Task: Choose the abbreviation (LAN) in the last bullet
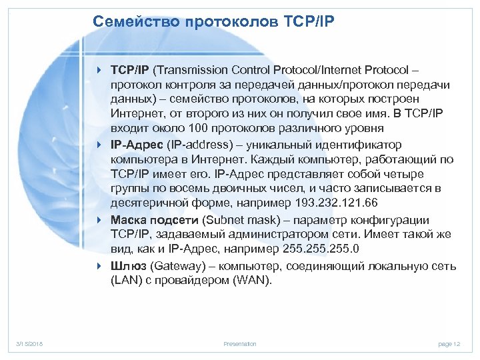click(x=125, y=280)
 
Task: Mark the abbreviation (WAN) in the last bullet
click(x=253, y=280)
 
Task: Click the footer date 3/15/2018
click(x=29, y=344)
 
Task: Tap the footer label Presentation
click(x=239, y=344)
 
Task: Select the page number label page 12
click(x=449, y=344)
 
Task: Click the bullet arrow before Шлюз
click(x=99, y=266)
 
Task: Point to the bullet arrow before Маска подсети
click(x=99, y=219)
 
